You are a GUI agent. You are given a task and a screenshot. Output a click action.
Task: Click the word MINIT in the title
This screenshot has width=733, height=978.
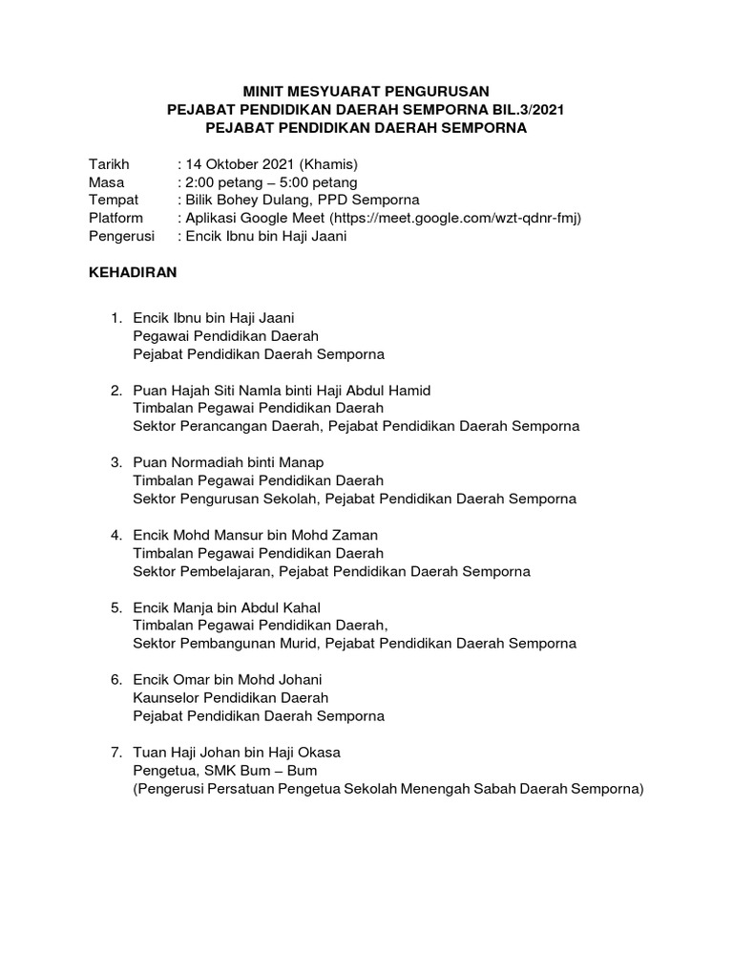(262, 92)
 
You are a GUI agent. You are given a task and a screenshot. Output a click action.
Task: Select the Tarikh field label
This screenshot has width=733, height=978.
(108, 163)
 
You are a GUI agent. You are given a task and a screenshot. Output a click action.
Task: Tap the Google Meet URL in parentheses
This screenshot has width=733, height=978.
(455, 218)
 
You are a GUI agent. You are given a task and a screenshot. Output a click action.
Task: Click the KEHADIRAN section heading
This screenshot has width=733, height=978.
(133, 272)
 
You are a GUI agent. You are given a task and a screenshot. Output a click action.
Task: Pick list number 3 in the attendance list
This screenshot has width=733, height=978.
(115, 462)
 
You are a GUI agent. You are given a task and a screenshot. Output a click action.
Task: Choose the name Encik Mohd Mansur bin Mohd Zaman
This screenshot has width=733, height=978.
(256, 535)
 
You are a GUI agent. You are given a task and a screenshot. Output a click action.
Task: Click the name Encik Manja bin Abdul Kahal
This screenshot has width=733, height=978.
(227, 607)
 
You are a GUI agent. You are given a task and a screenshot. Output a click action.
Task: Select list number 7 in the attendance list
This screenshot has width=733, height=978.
(115, 753)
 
